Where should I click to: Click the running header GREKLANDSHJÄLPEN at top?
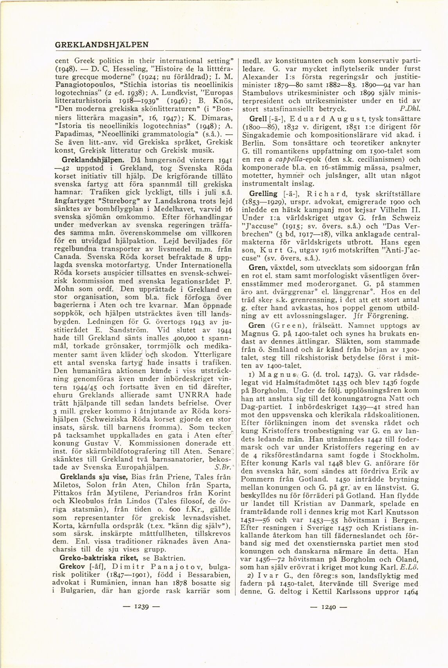[x=101, y=45]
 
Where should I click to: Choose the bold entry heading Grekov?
[x=70, y=566]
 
